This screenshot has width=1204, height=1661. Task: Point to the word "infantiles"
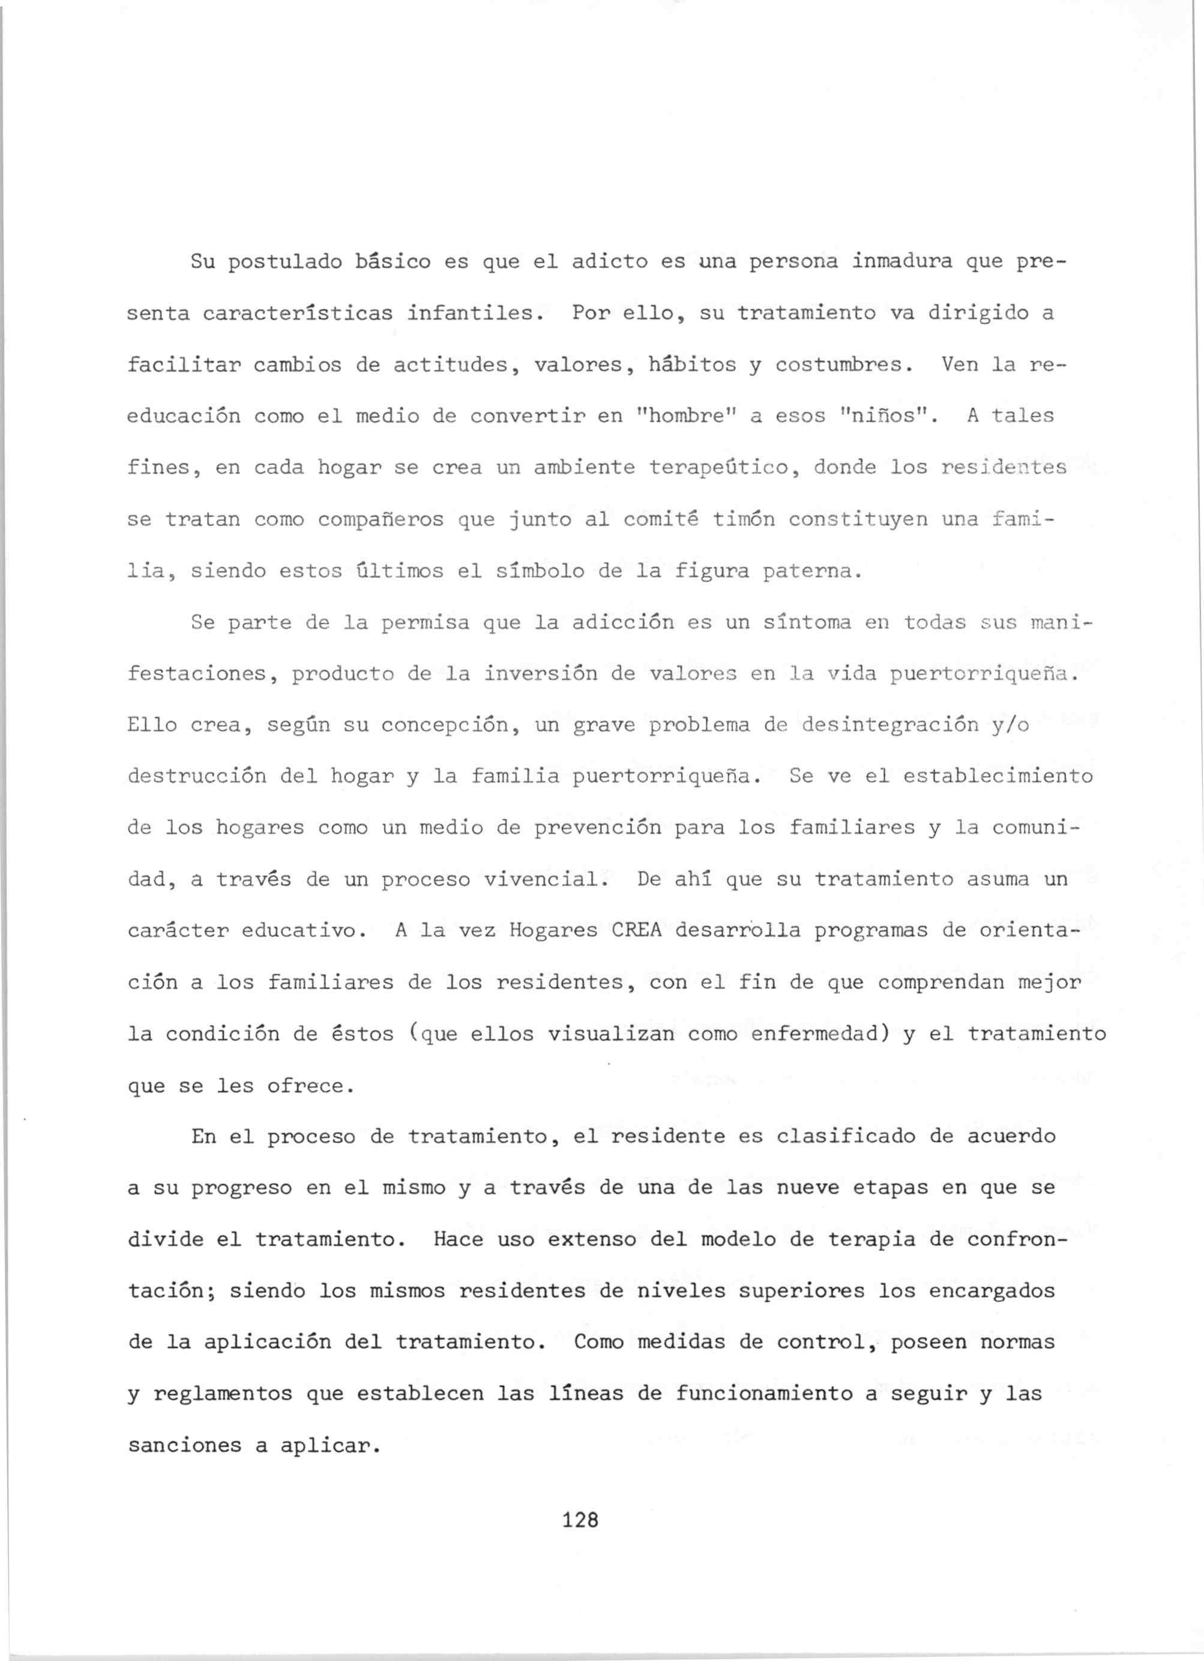[x=475, y=313]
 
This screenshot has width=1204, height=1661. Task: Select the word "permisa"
[x=426, y=622]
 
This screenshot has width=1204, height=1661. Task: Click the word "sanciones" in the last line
[x=184, y=1446]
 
